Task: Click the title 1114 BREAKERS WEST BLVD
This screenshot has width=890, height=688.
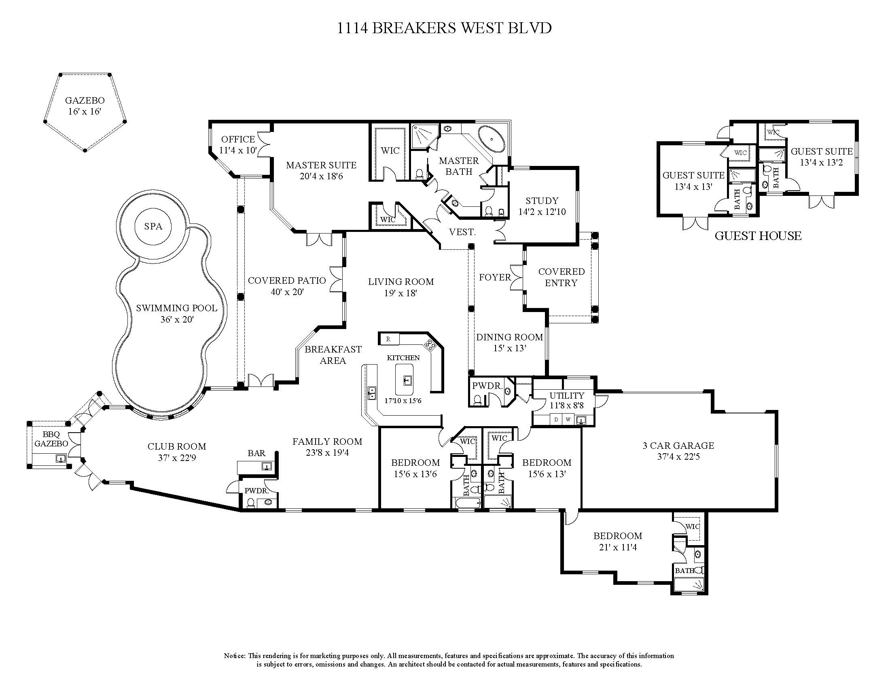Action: pos(444,28)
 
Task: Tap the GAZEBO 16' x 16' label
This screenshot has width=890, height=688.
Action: pos(85,106)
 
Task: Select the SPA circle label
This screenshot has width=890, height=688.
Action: pos(153,227)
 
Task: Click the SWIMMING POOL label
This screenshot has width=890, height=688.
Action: pos(176,313)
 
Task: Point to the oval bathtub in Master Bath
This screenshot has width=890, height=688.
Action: pos(491,138)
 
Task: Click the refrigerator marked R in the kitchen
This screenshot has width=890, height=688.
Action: pos(388,339)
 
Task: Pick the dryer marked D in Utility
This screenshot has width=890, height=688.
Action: pos(556,419)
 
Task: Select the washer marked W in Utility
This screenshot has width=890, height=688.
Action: pos(568,419)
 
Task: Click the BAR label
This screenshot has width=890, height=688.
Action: pos(256,453)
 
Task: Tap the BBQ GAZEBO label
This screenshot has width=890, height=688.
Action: pos(51,439)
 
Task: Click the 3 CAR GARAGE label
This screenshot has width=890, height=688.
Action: pos(678,451)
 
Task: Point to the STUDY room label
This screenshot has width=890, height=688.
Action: pos(542,206)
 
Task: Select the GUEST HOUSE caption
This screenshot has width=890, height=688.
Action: pos(758,236)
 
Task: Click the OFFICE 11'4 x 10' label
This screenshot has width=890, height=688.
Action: pos(238,145)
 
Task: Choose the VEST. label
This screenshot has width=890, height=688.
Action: pos(462,232)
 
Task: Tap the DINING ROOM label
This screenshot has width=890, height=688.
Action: pos(509,342)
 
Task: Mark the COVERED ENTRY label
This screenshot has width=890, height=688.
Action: pos(561,277)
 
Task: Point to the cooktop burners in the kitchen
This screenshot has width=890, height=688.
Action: pos(430,345)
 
